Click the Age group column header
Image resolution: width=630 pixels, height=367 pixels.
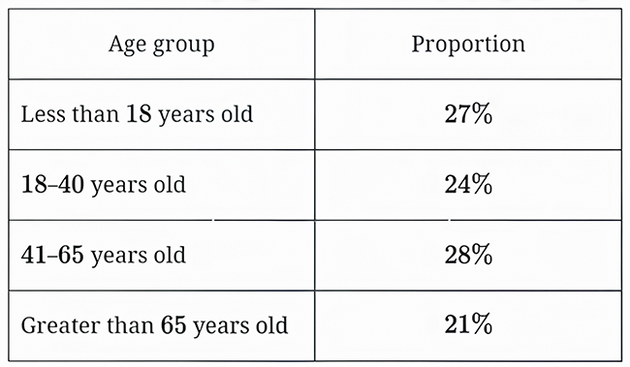162,45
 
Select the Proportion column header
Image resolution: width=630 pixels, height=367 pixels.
468,44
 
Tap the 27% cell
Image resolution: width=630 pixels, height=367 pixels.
468,114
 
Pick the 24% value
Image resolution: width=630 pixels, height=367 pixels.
468,184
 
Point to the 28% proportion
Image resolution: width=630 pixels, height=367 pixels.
468,255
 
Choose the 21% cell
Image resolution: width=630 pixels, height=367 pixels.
468,324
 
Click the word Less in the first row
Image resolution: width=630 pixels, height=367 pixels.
44,114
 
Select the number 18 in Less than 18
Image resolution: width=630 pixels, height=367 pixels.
139,114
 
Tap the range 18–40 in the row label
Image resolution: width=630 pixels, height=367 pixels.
52,184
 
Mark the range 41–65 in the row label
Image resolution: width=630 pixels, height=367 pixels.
52,255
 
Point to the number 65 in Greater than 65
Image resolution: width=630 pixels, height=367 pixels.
173,324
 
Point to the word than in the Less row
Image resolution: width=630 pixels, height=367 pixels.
96,113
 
